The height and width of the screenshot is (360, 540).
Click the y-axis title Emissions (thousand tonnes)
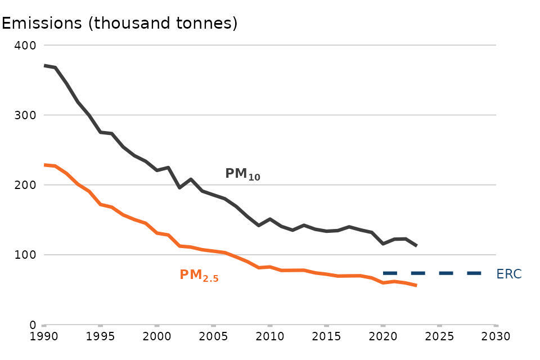click(x=120, y=24)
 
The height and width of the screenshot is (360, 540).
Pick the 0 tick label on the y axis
click(x=33, y=325)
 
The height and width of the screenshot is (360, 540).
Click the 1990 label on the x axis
click(x=44, y=337)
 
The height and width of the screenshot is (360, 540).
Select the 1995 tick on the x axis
click(x=100, y=337)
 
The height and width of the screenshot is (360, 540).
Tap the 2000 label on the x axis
click(x=157, y=337)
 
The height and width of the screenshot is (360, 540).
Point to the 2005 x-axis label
click(x=213, y=337)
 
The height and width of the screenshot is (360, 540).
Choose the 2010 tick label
click(x=270, y=337)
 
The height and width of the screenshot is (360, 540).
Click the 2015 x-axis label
click(x=326, y=337)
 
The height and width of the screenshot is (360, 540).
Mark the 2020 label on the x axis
click(x=383, y=337)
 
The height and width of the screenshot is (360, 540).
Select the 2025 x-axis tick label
click(x=439, y=337)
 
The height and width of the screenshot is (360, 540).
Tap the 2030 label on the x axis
click(x=496, y=337)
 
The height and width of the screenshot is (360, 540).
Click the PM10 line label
click(x=242, y=174)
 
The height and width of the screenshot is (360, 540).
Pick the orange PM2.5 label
click(x=199, y=276)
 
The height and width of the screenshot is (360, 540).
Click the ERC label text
click(x=509, y=274)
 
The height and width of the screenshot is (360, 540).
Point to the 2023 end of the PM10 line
click(x=416, y=246)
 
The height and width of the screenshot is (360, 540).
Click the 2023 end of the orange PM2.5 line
click(x=416, y=286)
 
